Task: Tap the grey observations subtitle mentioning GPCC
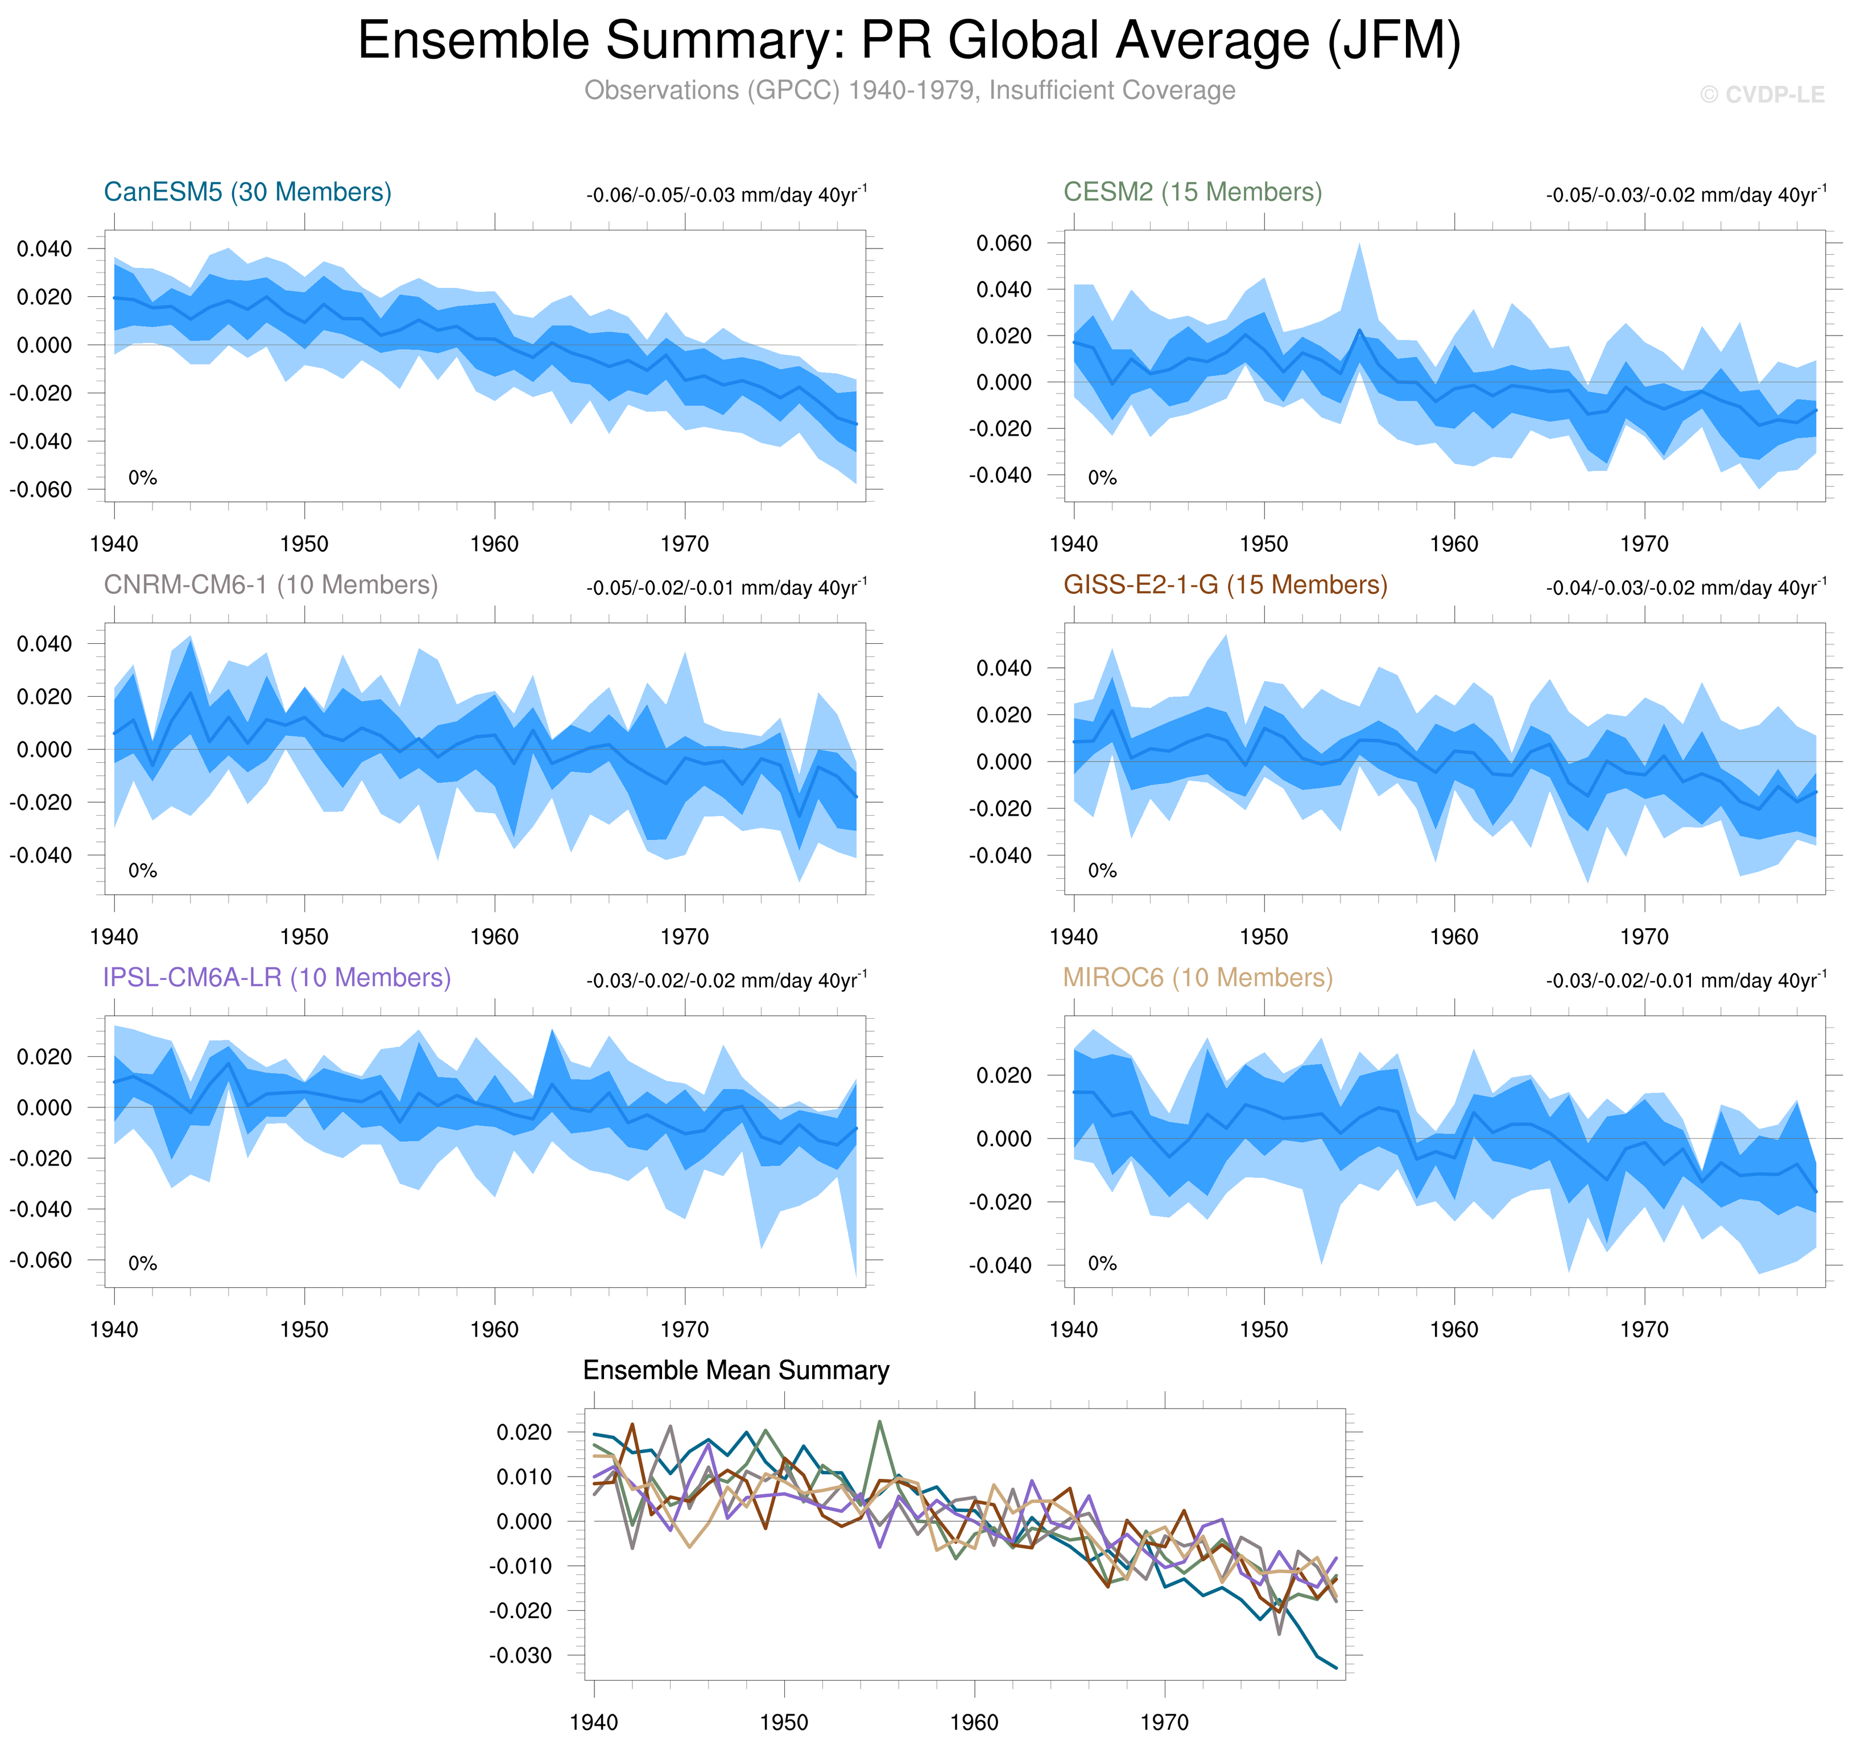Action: tap(909, 90)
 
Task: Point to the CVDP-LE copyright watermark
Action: tap(1761, 95)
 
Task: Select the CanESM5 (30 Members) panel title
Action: tap(247, 192)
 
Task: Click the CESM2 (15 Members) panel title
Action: tap(1192, 192)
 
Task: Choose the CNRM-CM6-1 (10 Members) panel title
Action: tap(270, 585)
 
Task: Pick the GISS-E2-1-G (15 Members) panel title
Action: tap(1225, 585)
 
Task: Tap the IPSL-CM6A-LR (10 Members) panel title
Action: tap(277, 977)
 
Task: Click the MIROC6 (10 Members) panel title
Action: tap(1198, 977)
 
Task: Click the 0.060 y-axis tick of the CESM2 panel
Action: tap(1004, 243)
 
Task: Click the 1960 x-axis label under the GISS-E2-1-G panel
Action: tap(1454, 937)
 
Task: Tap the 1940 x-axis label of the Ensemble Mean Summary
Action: tap(594, 1722)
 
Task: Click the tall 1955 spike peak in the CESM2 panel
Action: tap(1359, 244)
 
